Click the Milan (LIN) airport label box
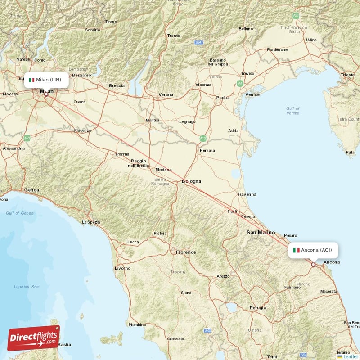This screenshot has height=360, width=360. click(x=46, y=80)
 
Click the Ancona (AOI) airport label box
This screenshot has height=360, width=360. click(x=313, y=250)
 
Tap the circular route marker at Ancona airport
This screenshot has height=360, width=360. click(x=313, y=265)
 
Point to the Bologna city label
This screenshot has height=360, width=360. click(x=191, y=181)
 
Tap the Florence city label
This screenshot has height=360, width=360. click(x=186, y=252)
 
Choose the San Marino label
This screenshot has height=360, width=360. click(x=257, y=232)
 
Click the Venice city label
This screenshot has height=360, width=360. click(x=252, y=94)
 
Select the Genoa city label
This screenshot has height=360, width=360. click(x=31, y=190)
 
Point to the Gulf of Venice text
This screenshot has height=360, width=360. click(x=292, y=111)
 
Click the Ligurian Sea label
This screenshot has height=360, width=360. click(x=26, y=286)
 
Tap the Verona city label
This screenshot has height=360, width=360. click(x=166, y=95)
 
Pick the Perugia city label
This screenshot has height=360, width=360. click(x=258, y=308)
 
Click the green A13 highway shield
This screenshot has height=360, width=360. click(x=203, y=139)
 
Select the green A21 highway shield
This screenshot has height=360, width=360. click(x=27, y=138)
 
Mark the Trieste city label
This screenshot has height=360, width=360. click(x=347, y=75)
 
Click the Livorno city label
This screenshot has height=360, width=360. click(x=122, y=268)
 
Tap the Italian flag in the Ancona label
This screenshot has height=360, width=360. click(x=297, y=250)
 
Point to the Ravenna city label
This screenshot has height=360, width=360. click(x=247, y=194)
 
